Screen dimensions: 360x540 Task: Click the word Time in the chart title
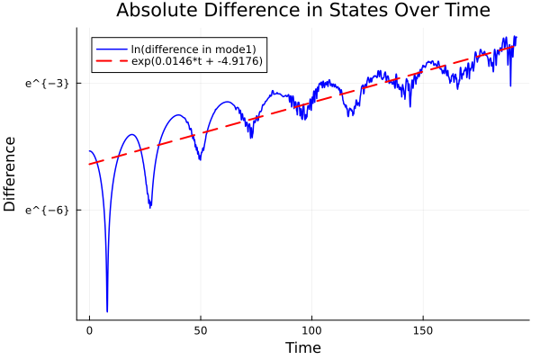point(462,11)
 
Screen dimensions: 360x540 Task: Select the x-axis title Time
point(302,347)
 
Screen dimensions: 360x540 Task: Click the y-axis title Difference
point(11,174)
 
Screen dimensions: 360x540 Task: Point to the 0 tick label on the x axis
point(89,331)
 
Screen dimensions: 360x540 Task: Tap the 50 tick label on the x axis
point(201,331)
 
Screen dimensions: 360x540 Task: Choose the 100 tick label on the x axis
point(312,331)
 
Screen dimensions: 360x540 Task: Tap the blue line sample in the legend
point(111,49)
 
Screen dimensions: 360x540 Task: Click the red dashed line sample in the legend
point(111,62)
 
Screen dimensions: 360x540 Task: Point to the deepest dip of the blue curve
point(107,310)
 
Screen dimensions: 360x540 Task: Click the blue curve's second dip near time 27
point(149,207)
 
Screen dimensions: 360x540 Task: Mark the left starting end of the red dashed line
point(90,164)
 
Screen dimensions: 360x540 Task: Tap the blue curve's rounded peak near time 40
point(178,115)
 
